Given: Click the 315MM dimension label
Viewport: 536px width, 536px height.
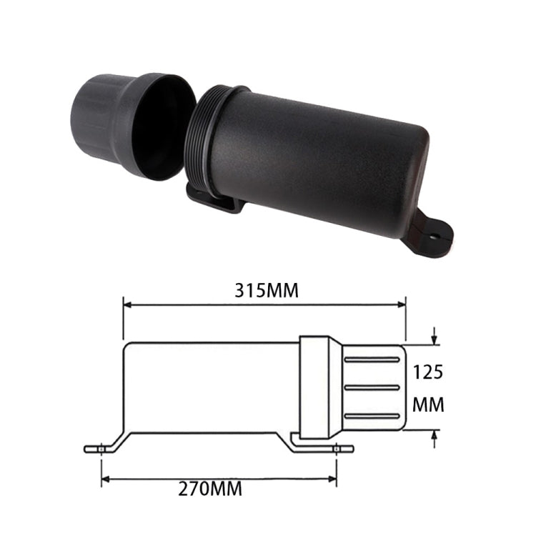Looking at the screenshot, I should point(266,291).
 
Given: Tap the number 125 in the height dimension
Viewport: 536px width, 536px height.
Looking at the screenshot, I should point(429,372).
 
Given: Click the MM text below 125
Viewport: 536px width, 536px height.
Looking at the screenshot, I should point(429,405).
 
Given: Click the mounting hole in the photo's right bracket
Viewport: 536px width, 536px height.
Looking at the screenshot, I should point(433,234).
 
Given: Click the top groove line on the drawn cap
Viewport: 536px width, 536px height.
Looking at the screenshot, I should point(372,359).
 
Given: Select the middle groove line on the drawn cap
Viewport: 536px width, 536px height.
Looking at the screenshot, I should point(372,387).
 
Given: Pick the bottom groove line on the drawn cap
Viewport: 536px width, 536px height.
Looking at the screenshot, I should point(372,415).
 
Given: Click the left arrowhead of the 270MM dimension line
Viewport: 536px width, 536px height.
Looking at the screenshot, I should point(105,477).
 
